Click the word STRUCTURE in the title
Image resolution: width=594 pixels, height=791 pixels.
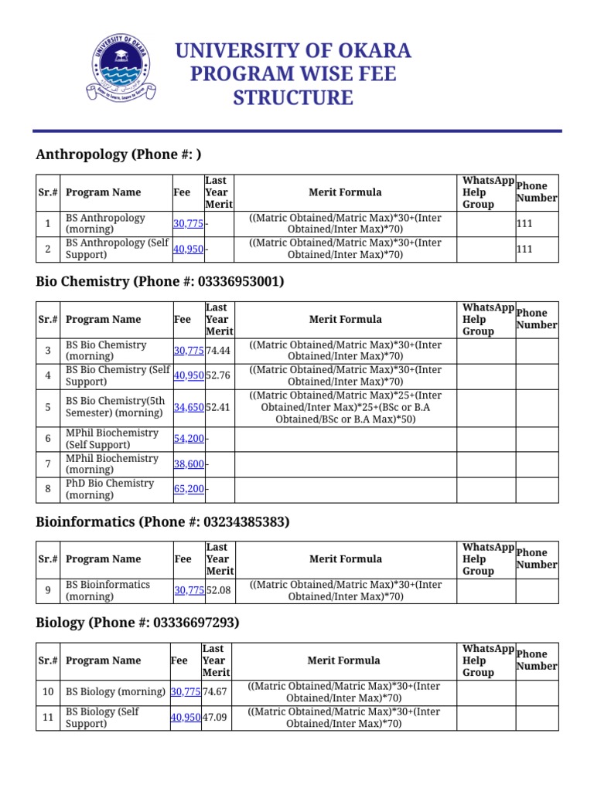pos(293,98)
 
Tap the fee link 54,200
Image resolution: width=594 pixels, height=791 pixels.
pos(189,439)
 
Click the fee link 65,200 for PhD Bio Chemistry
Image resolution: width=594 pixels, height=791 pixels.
pos(189,489)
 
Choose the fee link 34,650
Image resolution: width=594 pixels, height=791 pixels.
pos(189,407)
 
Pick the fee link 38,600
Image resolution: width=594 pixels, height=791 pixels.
pos(189,464)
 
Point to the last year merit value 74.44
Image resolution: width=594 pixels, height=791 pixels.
pos(219,351)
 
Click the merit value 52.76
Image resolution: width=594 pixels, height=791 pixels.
pos(219,375)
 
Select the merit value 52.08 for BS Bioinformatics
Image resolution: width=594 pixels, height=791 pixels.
pos(220,591)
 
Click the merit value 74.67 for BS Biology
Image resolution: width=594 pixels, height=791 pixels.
pos(216,692)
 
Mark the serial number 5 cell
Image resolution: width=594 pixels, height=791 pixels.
pos(48,407)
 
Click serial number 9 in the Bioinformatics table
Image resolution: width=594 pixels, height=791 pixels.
pos(48,591)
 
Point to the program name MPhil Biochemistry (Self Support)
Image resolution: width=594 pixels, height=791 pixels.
pos(112,439)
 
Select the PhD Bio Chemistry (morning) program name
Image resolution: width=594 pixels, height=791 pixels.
pos(110,489)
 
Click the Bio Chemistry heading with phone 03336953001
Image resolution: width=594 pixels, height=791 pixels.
pos(160,282)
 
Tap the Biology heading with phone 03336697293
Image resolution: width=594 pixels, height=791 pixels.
pos(138,623)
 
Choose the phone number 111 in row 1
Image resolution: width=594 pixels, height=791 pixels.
pos(524,224)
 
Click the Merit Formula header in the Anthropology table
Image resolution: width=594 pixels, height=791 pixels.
pos(345,192)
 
